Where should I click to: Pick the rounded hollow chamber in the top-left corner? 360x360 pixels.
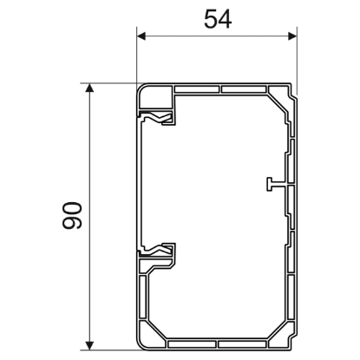click(154, 95)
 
